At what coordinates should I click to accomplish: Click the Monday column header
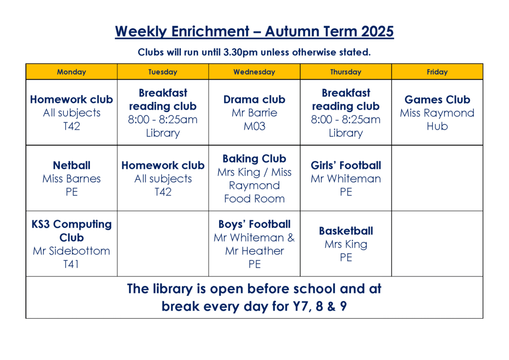[x=72, y=72]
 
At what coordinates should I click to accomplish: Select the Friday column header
[x=437, y=72]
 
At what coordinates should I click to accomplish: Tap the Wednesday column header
[x=254, y=72]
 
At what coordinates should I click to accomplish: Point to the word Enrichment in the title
[x=210, y=31]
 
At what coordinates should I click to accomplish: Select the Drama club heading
[x=254, y=99]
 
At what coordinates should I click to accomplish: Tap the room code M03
[x=254, y=126]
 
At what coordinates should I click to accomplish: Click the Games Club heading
[x=437, y=99]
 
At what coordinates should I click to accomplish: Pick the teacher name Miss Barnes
[x=72, y=179]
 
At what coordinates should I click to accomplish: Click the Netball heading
[x=72, y=165]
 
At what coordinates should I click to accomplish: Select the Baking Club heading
[x=254, y=159]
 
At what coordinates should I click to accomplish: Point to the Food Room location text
[x=254, y=198]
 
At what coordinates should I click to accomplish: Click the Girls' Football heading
[x=346, y=165]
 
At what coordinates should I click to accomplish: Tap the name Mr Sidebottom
[x=72, y=251]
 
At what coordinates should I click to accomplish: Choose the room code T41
[x=71, y=264]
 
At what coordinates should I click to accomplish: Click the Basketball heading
[x=346, y=231]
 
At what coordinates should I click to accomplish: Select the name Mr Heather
[x=254, y=251]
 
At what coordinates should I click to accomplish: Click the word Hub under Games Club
[x=437, y=126]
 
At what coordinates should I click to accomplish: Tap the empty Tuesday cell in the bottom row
[x=163, y=244]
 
